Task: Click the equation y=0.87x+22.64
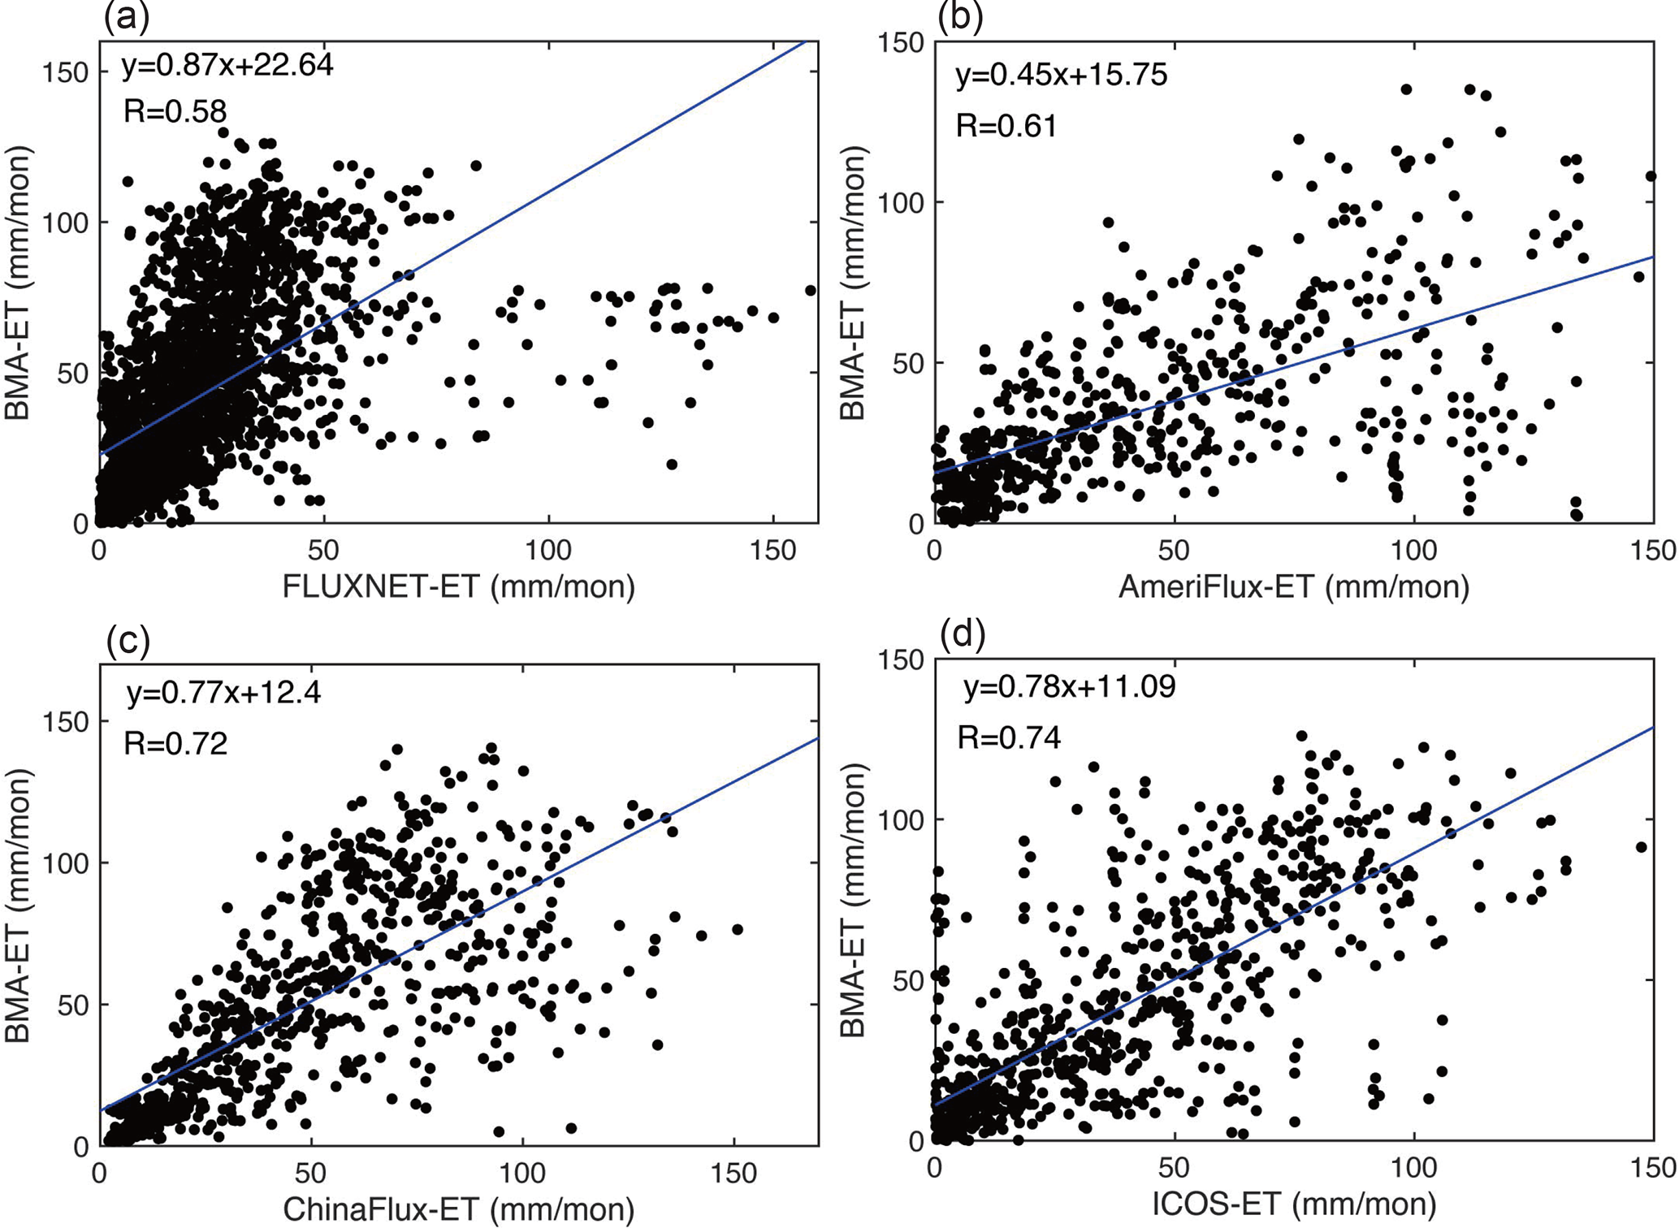[x=227, y=65]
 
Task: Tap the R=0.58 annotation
[x=175, y=111]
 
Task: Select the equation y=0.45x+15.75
[x=1061, y=75]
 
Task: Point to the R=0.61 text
[x=1006, y=126]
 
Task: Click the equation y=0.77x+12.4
[x=223, y=693]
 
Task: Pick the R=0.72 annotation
[x=175, y=743]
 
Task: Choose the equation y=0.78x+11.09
[x=1069, y=687]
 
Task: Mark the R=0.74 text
[x=1009, y=737]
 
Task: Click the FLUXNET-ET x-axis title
[x=458, y=586]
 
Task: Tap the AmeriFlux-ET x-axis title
[x=1293, y=586]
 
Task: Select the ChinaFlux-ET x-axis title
[x=458, y=1210]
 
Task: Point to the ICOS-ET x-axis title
[x=1293, y=1204]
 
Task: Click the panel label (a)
[x=127, y=16]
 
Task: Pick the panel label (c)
[x=128, y=640]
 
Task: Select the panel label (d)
[x=962, y=634]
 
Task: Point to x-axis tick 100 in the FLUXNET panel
[x=548, y=551]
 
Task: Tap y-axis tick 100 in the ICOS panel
[x=902, y=819]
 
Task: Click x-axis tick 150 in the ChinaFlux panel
[x=733, y=1174]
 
